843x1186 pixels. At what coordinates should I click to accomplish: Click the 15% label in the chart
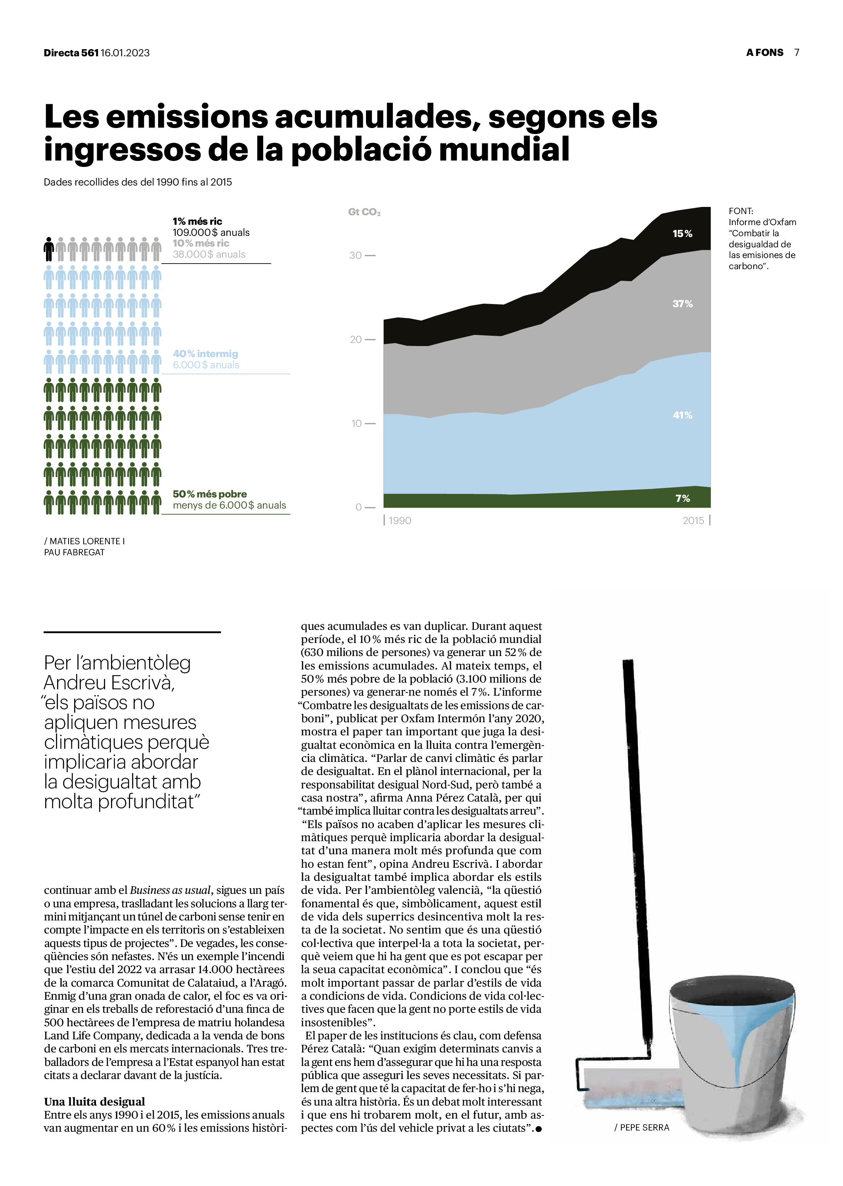pos(682,233)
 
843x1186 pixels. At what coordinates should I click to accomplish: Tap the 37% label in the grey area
pos(682,304)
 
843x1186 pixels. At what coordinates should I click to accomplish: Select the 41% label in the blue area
pos(682,415)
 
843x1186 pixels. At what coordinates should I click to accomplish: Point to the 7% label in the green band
pos(682,499)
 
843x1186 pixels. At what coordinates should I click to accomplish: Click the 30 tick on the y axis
pos(356,255)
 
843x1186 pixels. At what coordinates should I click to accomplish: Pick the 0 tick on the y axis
pos(358,507)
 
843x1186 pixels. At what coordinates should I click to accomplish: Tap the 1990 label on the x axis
pos(399,520)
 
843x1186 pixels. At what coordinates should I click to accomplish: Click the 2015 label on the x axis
pos(693,520)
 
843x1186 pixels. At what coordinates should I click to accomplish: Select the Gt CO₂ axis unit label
pos(364,212)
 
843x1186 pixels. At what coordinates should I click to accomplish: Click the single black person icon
pos(49,250)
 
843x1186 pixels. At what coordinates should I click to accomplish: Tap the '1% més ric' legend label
pos(197,222)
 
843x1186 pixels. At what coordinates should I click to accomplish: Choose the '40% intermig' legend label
pos(205,354)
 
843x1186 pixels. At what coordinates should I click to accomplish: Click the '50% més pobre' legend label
pos(210,494)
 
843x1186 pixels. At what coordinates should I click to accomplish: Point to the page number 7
pos(796,52)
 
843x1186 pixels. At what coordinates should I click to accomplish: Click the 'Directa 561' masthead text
pos(71,53)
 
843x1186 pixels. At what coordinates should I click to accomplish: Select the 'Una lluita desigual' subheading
pos(94,1102)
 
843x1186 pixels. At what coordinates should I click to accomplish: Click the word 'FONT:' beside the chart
pos(740,211)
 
